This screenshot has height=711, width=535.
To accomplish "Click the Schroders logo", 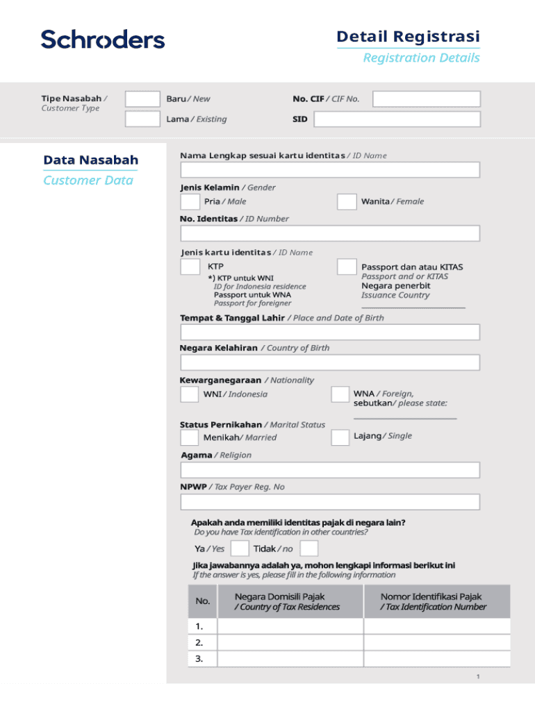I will point(103,39).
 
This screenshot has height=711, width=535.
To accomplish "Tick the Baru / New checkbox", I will point(142,99).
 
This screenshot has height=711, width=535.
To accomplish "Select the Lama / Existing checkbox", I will point(142,119).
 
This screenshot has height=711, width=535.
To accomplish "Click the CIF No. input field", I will point(426,99).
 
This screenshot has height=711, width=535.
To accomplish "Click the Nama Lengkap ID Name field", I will point(330,170).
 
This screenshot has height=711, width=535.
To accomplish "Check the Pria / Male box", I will point(190,202).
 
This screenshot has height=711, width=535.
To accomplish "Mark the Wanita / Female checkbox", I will point(347,202).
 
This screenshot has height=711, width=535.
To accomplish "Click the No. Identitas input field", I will point(330,233).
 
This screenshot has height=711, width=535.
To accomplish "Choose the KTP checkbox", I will point(190,267).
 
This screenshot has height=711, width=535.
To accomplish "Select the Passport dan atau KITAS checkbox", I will point(347,267).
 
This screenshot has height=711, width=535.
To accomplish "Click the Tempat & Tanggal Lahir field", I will point(330,332).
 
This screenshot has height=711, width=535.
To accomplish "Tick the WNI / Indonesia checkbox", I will point(189,394).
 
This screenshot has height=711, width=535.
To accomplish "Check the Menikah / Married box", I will point(189,437).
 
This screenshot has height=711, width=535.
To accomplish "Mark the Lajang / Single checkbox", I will point(340,437).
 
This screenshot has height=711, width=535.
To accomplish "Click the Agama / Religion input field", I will point(330,470).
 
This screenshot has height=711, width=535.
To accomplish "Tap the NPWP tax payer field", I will point(330,502).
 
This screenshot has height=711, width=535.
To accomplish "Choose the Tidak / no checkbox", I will point(309,549).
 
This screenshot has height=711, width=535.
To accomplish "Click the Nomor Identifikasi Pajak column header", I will point(436,601).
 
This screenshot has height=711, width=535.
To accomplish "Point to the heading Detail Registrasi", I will point(408,36).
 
